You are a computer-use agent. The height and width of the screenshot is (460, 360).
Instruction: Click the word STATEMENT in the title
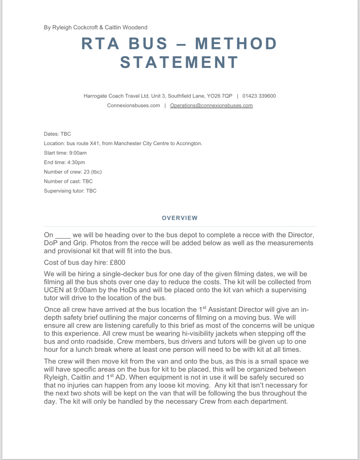pos(179,62)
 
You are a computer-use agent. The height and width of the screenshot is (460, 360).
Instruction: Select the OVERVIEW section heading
pos(179,218)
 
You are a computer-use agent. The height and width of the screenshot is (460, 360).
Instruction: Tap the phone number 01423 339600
pos(259,96)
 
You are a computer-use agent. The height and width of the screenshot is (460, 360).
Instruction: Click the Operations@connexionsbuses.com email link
pos(211,106)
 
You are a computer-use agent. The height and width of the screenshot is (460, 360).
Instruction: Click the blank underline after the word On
pos(62,235)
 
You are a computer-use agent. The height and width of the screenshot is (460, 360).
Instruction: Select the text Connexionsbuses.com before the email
pos(133,106)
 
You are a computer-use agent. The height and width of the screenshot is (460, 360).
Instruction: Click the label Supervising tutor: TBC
pos(70,190)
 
